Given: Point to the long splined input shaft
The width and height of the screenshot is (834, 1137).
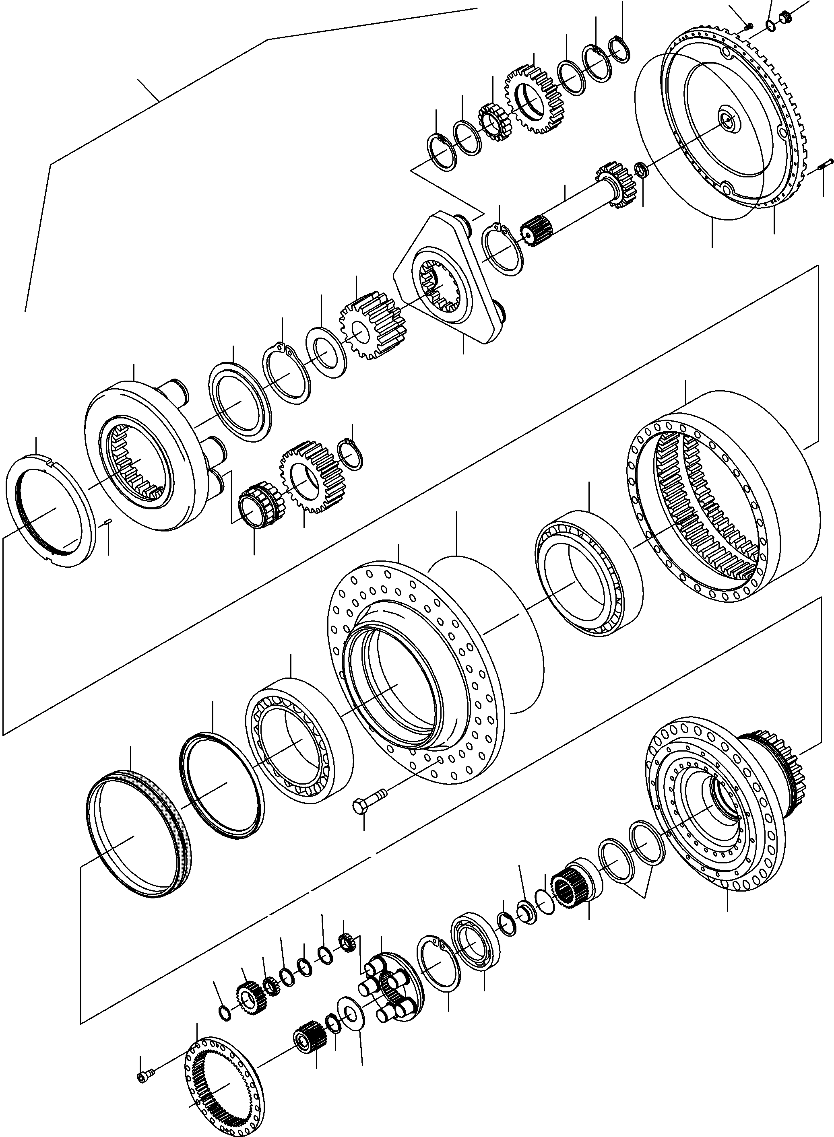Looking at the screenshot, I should [570, 212].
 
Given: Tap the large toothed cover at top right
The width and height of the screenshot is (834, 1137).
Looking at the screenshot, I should [727, 126].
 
